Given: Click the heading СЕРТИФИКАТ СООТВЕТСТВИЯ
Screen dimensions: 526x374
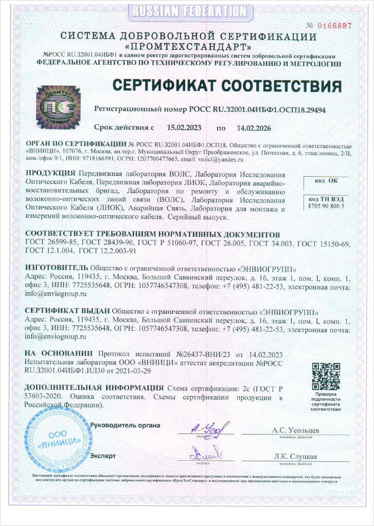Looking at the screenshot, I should click(x=226, y=85).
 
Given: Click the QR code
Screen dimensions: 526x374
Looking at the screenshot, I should click(x=327, y=377).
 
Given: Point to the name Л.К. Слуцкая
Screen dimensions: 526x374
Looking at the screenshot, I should click(x=295, y=456).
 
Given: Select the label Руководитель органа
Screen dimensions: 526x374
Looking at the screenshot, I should click(x=125, y=425).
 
